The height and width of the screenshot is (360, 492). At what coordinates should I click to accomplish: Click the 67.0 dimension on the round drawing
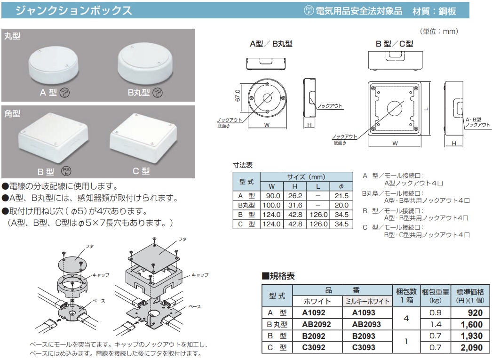[238, 96]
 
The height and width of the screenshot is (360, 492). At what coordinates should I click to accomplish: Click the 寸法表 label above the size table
[243, 165]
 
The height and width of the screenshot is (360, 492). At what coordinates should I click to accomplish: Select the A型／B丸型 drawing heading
[271, 44]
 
